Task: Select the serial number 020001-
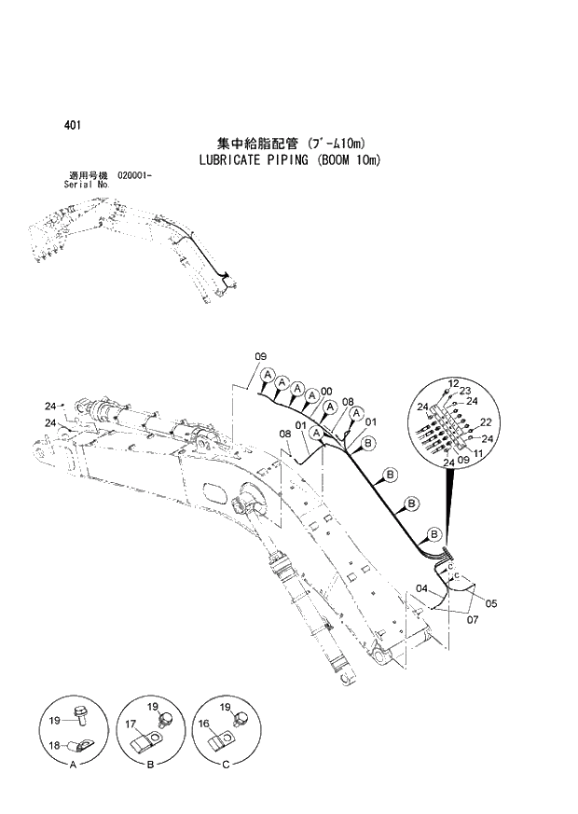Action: tap(135, 176)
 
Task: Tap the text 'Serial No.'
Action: tap(87, 185)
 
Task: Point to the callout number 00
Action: tap(326, 392)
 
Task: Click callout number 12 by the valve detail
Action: tap(453, 383)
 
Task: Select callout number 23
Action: tap(465, 391)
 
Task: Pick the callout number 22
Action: tap(486, 422)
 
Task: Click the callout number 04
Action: tap(421, 588)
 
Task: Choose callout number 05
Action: tap(490, 603)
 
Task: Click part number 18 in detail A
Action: tap(55, 746)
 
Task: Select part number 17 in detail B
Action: tap(131, 723)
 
